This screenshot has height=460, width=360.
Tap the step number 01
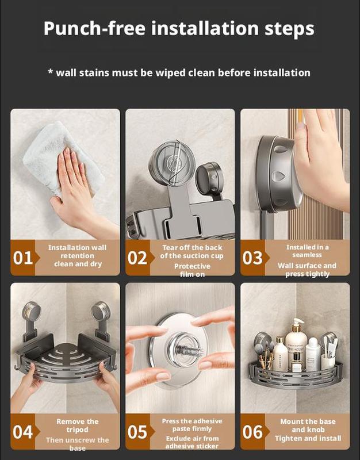point(23,258)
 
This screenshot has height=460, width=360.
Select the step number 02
point(137,258)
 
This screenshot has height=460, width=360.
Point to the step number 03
point(252,258)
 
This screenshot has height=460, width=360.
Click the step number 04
point(23,432)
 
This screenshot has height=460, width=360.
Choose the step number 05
point(137,432)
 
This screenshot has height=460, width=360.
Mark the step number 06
point(252,432)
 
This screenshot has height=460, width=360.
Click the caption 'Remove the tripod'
point(77,426)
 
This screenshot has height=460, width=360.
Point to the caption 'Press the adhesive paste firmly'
point(192,425)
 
